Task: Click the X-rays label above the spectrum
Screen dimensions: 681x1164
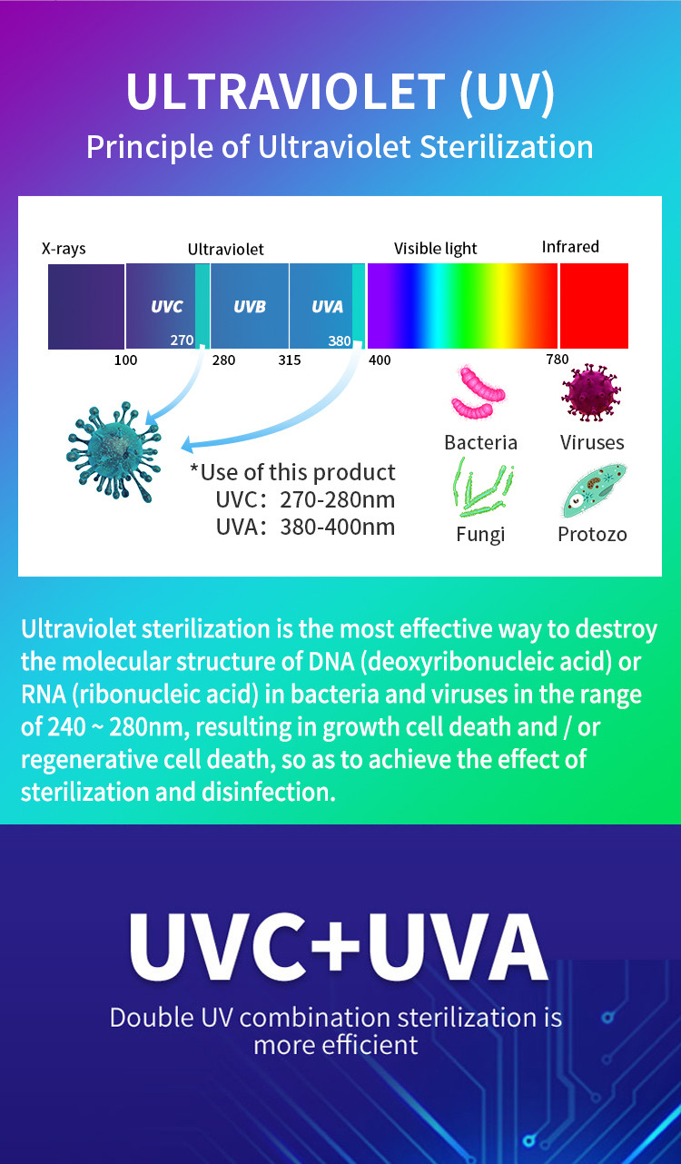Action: click(x=64, y=249)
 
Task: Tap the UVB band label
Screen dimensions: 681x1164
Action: click(x=250, y=307)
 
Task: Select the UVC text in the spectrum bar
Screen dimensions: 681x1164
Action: click(x=167, y=307)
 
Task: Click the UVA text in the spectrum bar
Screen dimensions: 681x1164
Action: click(x=328, y=307)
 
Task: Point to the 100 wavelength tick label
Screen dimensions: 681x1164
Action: click(x=126, y=360)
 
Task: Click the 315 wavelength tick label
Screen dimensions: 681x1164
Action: click(x=290, y=360)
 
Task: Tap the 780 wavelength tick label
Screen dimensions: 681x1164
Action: click(x=558, y=359)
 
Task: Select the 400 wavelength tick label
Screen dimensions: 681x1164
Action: click(x=380, y=360)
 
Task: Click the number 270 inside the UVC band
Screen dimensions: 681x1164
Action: click(x=182, y=340)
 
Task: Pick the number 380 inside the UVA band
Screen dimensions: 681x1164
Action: click(x=340, y=341)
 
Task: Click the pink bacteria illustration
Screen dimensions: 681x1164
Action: click(x=478, y=392)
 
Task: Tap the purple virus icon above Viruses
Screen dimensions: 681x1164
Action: click(x=591, y=392)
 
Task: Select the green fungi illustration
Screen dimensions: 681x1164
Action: click(x=483, y=488)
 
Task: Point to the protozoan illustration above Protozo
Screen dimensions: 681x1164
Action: click(x=594, y=490)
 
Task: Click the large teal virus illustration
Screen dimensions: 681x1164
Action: click(x=113, y=451)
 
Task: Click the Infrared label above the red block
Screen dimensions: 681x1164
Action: click(x=570, y=247)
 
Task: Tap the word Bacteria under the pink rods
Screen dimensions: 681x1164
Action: click(x=481, y=443)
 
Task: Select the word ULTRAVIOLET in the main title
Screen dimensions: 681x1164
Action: click(x=286, y=92)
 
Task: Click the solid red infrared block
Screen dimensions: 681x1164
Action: click(x=594, y=306)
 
